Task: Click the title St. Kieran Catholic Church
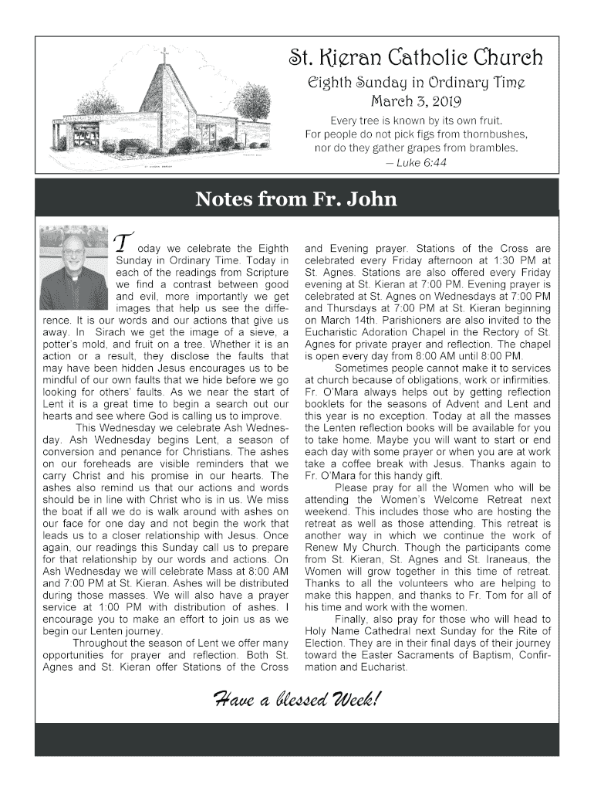pos(416,58)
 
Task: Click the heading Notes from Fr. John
pos(296,199)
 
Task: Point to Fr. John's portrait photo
pos(73,267)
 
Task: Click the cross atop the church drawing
pos(164,56)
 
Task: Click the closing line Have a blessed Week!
pos(296,701)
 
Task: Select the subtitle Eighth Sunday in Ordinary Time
pos(416,82)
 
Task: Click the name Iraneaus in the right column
pos(511,559)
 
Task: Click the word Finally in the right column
pos(353,619)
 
